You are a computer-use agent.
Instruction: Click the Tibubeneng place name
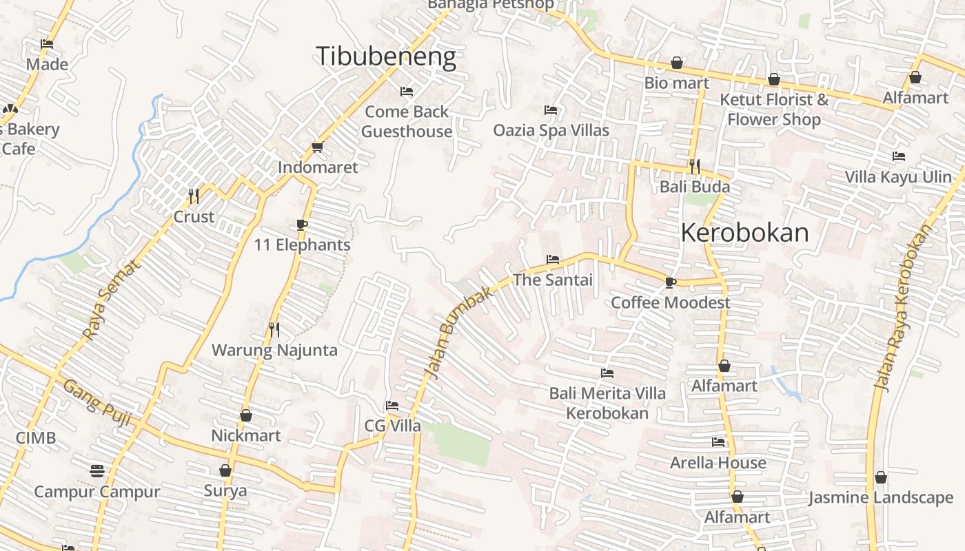(x=386, y=56)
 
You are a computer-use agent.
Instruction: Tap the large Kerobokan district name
(x=744, y=233)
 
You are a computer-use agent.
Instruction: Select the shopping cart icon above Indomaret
(x=317, y=147)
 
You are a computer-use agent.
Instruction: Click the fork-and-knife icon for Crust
(x=194, y=196)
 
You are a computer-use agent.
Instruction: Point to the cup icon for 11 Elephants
(x=301, y=225)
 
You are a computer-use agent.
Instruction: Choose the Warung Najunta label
(x=274, y=350)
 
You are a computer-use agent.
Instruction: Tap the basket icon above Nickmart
(x=246, y=415)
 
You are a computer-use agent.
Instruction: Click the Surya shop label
(x=225, y=491)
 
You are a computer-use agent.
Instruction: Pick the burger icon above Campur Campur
(x=97, y=471)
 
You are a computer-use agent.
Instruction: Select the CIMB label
(x=36, y=438)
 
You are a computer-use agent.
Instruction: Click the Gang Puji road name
(x=97, y=403)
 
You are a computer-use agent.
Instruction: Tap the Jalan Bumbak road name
(x=459, y=332)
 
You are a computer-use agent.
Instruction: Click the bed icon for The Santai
(x=552, y=260)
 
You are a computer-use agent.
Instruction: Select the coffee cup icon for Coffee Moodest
(x=670, y=282)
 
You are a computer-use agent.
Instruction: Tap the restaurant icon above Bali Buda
(x=695, y=166)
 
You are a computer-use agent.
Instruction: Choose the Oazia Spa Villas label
(x=551, y=130)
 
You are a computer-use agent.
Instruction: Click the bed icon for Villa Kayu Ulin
(x=898, y=156)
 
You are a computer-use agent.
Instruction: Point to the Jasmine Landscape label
(x=881, y=497)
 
